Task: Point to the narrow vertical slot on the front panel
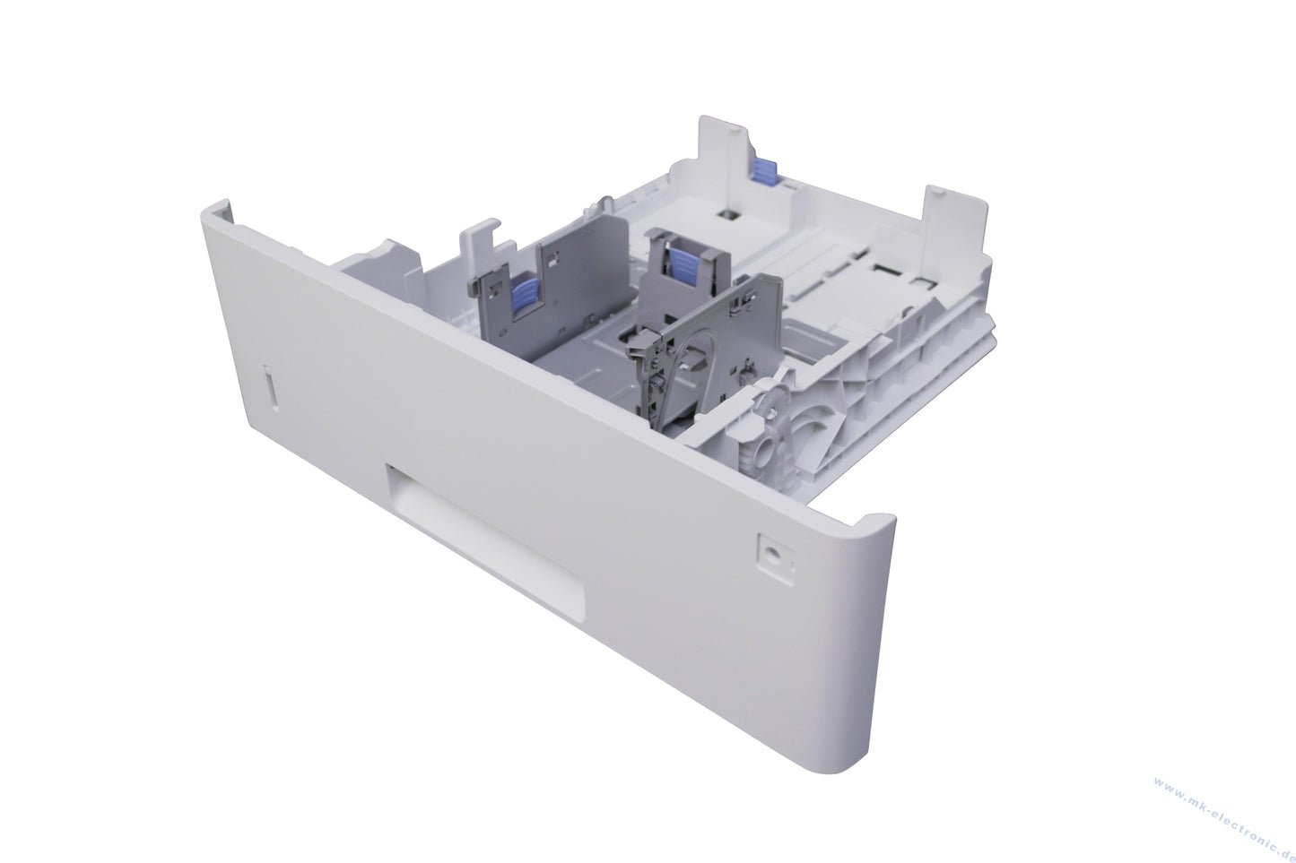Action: (x=270, y=387)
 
